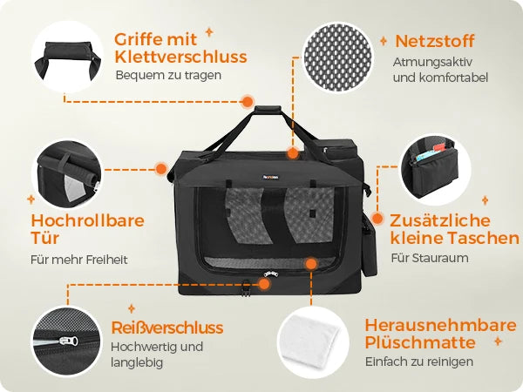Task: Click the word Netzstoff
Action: click(435, 41)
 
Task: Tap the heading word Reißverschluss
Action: click(167, 328)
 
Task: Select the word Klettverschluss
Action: click(180, 57)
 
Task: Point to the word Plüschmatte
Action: click(420, 343)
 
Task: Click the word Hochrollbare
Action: click(88, 220)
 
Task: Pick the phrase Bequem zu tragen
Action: click(168, 75)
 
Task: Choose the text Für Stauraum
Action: click(430, 258)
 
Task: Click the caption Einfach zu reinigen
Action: click(419, 362)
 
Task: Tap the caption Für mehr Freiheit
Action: click(79, 260)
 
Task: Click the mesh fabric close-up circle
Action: click(338, 57)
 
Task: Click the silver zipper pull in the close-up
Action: click(69, 341)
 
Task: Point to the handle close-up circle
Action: click(67, 57)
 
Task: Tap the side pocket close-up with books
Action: click(435, 170)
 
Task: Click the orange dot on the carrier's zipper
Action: click(264, 284)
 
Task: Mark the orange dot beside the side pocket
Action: click(377, 219)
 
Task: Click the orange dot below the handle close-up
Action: click(248, 101)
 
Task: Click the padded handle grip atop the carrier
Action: click(268, 111)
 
